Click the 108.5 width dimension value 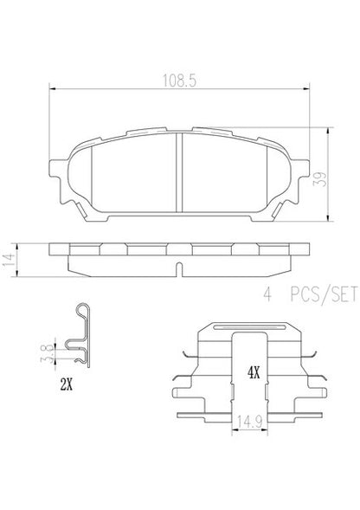179,81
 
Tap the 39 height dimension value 319,179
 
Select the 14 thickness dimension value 9,260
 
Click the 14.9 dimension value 249,423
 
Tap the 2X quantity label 66,385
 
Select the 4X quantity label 254,372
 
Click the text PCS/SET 324,294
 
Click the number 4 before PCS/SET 267,294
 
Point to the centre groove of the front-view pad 179,172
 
